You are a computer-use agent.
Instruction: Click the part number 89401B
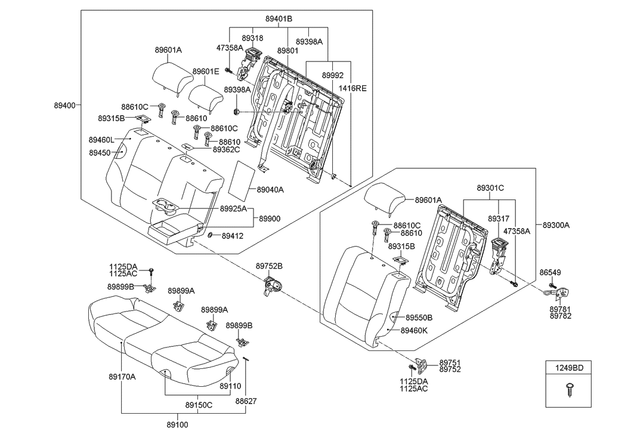[279, 19]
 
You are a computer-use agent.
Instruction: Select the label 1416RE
[353, 88]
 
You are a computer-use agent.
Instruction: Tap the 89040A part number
[270, 190]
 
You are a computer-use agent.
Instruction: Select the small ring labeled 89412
[211, 235]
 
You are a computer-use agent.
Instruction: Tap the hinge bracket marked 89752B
[273, 287]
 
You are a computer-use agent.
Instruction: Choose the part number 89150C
[199, 405]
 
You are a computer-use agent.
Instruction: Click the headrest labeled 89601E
[206, 93]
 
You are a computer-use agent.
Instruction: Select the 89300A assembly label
[556, 225]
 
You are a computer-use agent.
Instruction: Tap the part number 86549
[550, 272]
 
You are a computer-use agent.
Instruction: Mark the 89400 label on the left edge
[64, 106]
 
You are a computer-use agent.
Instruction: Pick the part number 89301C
[490, 188]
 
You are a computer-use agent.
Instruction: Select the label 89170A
[122, 376]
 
